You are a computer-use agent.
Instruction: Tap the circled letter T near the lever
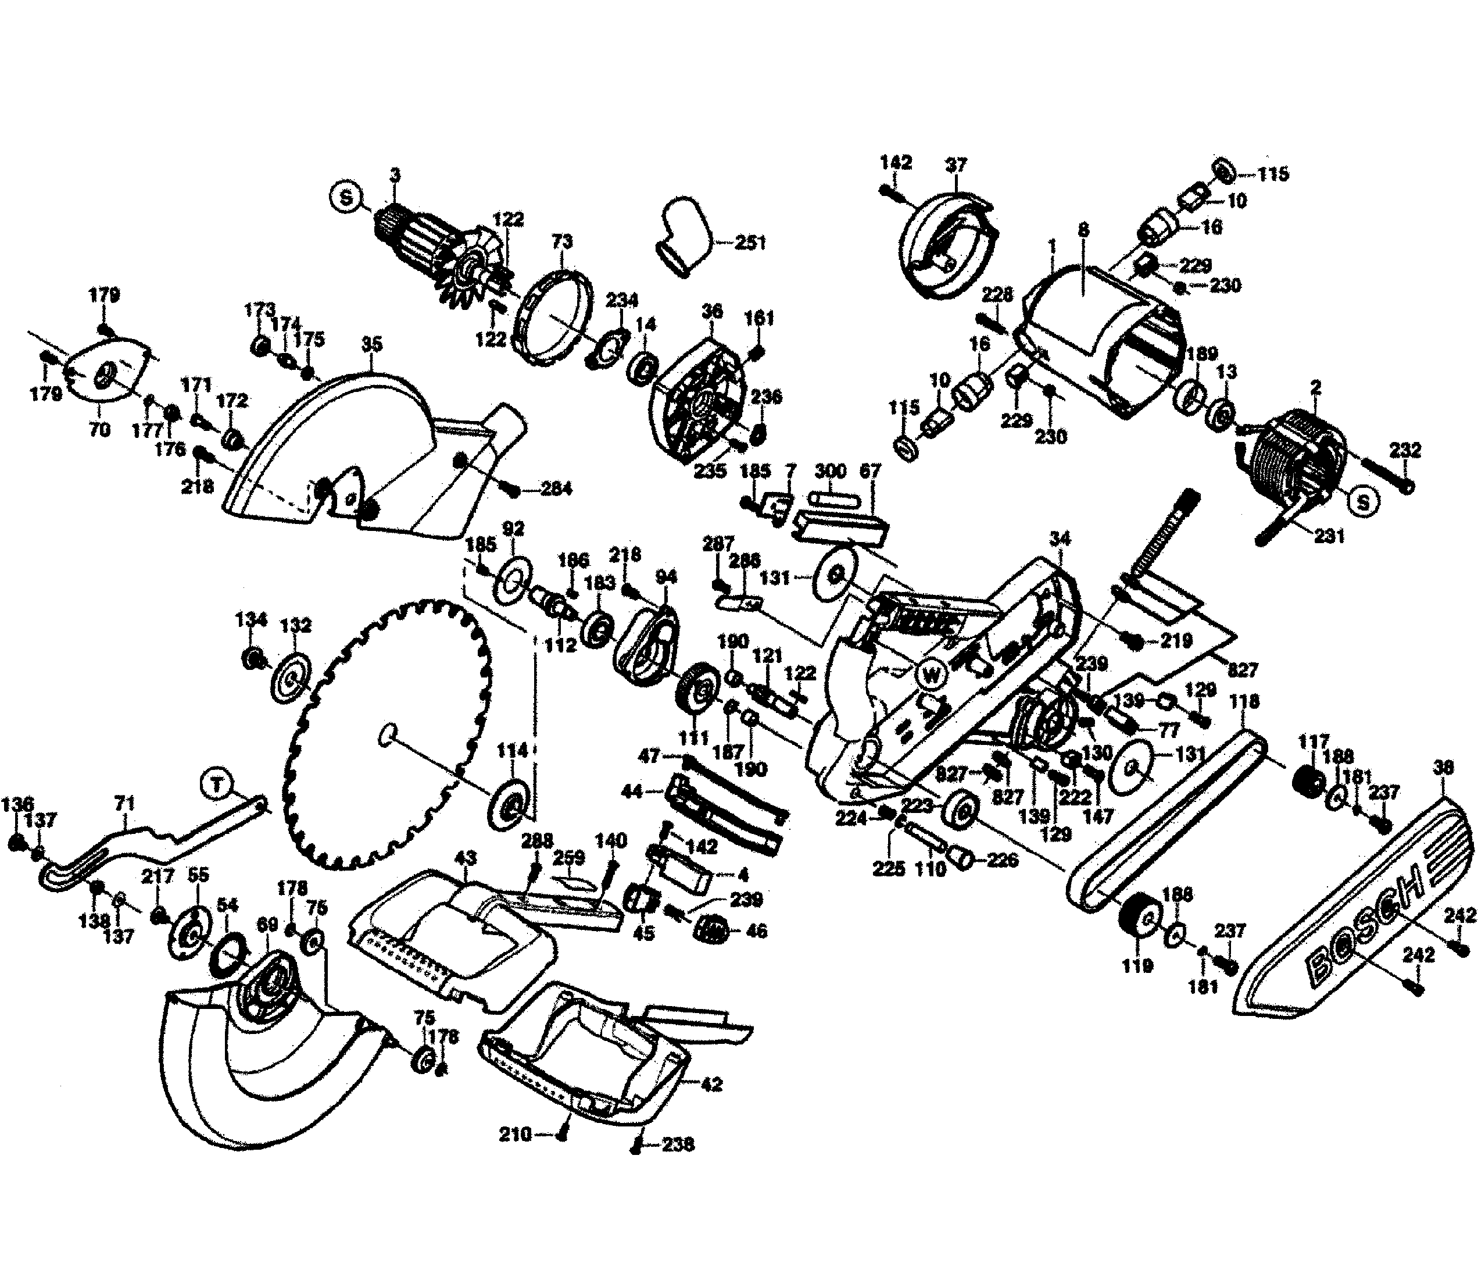click(216, 786)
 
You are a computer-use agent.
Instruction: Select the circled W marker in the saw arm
click(932, 673)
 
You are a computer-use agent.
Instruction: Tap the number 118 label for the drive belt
click(1245, 701)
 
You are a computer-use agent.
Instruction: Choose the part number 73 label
click(562, 242)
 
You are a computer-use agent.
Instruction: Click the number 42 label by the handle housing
click(711, 1085)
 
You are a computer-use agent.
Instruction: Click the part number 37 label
click(956, 165)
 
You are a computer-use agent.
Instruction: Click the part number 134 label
click(251, 619)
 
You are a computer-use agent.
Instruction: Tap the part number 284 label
click(556, 490)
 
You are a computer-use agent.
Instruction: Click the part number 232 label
click(1405, 450)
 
